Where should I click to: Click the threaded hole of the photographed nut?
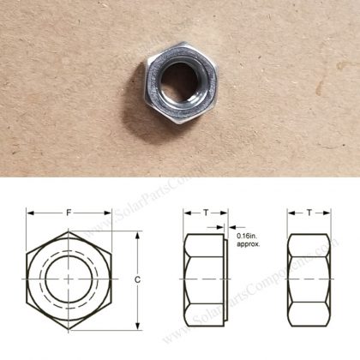178,83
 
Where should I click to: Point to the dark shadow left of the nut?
137,94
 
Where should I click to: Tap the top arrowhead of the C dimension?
137,234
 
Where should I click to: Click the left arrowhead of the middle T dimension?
186,213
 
